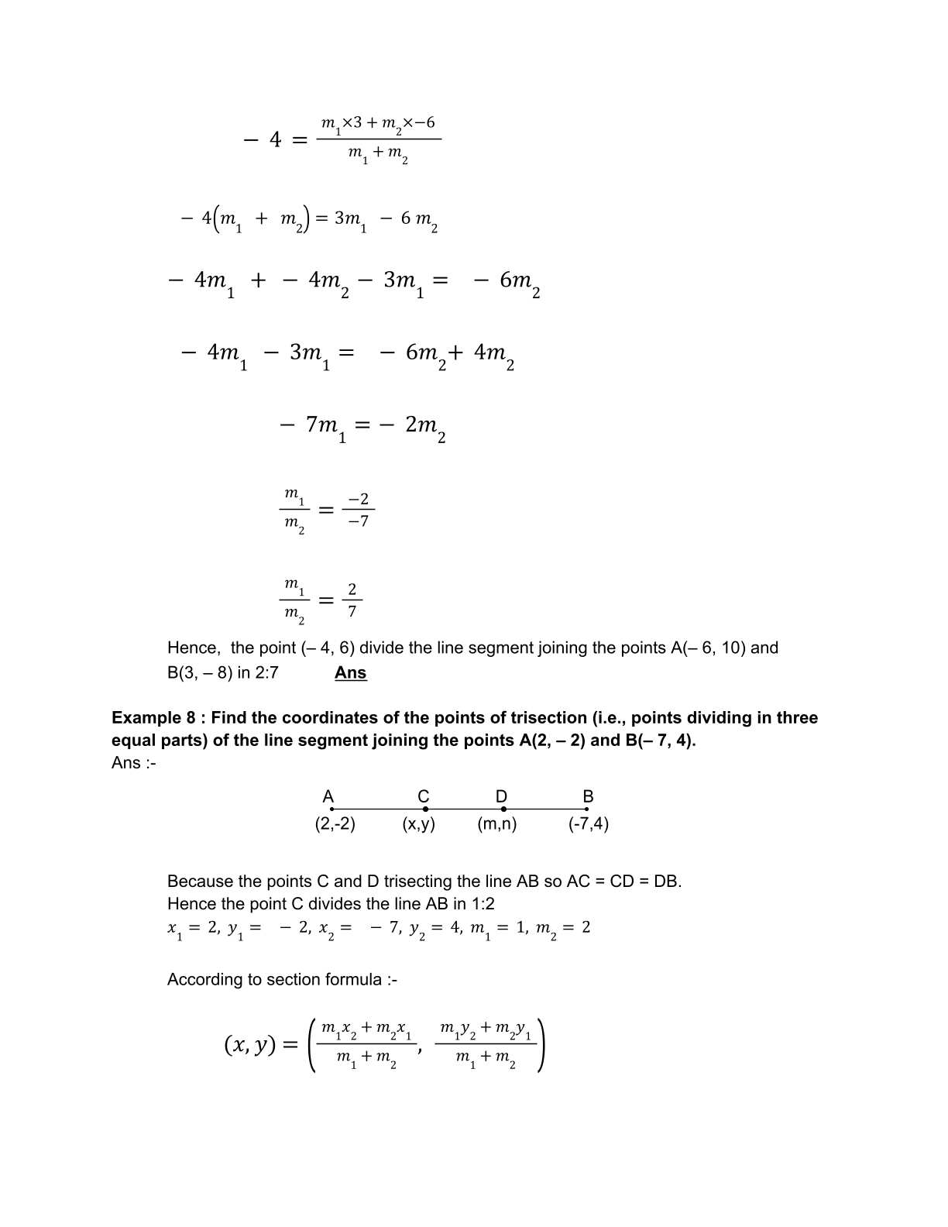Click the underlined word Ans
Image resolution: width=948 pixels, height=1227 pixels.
pos(350,672)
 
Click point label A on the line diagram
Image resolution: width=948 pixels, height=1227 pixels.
pos(328,796)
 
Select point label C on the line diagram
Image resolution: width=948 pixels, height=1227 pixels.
pos(424,796)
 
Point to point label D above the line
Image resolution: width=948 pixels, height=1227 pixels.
pos(501,796)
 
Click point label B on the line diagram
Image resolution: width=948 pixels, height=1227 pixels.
pos(588,796)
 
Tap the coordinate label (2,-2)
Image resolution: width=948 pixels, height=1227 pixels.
pos(335,823)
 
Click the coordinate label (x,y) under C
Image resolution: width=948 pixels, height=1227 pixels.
pos(419,823)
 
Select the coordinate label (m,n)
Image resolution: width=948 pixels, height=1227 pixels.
pos(497,823)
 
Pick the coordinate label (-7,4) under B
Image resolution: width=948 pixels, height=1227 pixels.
pos(589,823)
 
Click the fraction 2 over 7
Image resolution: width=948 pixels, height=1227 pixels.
pos(352,600)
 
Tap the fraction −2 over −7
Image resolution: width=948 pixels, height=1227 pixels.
pos(358,510)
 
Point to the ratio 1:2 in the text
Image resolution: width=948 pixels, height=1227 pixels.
pos(481,903)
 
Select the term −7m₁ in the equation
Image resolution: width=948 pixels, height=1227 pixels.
pos(314,426)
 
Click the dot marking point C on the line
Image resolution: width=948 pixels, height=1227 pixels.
pos(425,809)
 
